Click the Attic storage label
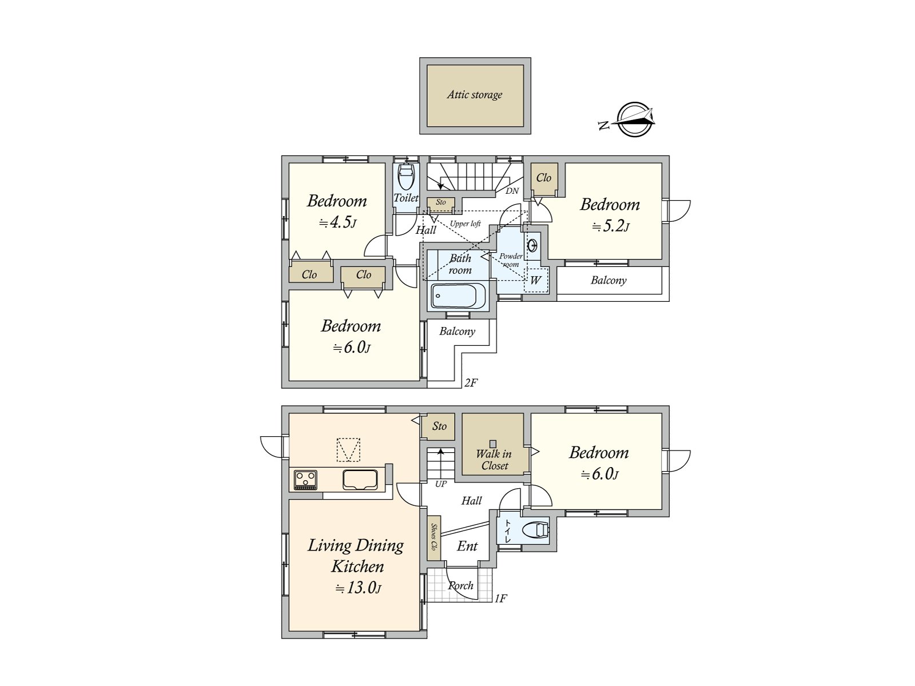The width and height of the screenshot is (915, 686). pyautogui.click(x=475, y=95)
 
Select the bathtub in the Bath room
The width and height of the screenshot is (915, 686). pyautogui.click(x=458, y=296)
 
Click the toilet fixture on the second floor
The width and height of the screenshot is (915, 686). pyautogui.click(x=406, y=177)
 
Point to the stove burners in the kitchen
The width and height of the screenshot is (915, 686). pyautogui.click(x=305, y=480)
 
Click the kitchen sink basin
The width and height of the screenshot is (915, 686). pyautogui.click(x=360, y=480)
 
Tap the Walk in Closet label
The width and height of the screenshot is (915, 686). pyautogui.click(x=494, y=460)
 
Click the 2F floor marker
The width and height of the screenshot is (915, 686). pyautogui.click(x=471, y=383)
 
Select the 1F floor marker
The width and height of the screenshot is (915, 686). pyautogui.click(x=500, y=599)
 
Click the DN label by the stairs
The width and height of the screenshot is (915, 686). pyautogui.click(x=512, y=191)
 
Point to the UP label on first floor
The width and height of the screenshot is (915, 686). pyautogui.click(x=440, y=484)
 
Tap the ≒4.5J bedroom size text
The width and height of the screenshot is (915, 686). pyautogui.click(x=337, y=223)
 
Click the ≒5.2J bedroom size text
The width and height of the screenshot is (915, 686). pyautogui.click(x=611, y=226)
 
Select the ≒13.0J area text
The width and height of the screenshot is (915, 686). pyautogui.click(x=359, y=588)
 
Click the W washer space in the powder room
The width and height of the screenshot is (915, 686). pyautogui.click(x=536, y=280)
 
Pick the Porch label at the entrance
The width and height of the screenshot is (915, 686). pyautogui.click(x=460, y=585)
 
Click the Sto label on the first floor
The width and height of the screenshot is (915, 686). pyautogui.click(x=439, y=426)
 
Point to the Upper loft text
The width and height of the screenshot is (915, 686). pyautogui.click(x=465, y=224)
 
